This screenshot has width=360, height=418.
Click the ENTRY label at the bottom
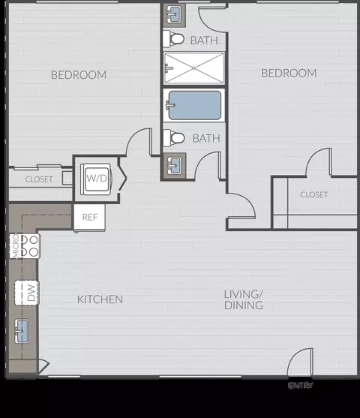[301, 386]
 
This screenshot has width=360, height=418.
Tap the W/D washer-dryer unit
[97, 179]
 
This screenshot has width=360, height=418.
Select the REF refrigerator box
[90, 218]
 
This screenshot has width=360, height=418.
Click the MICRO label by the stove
[14, 247]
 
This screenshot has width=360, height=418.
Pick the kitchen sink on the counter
[22, 328]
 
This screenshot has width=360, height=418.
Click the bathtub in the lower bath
[193, 105]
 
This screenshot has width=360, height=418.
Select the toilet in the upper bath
[175, 39]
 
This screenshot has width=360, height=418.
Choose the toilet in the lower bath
[175, 138]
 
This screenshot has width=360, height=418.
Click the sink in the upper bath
[175, 14]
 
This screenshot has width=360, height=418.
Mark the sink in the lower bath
[175, 164]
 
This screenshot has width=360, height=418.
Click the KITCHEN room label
[100, 299]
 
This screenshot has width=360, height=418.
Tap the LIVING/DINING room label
[243, 300]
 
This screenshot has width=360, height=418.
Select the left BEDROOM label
[79, 74]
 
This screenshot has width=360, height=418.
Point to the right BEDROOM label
[289, 73]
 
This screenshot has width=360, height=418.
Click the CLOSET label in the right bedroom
[313, 194]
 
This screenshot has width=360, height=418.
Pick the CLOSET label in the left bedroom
[39, 179]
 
